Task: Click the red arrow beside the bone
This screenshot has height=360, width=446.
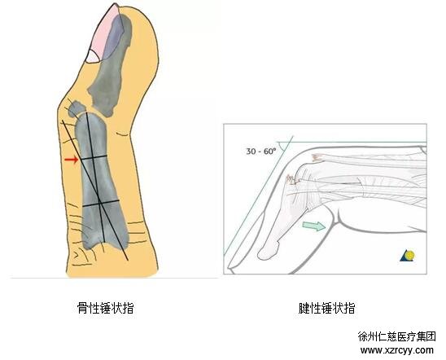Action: [x=72, y=160]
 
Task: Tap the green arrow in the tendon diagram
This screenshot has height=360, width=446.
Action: [x=314, y=226]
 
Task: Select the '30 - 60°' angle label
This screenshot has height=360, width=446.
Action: [x=261, y=151]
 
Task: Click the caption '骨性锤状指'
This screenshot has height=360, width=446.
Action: [x=106, y=308]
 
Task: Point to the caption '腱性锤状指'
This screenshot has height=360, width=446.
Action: [x=327, y=308]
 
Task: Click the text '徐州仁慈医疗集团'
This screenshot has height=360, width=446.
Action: [x=397, y=336]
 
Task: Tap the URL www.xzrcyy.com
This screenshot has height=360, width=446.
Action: [x=397, y=350]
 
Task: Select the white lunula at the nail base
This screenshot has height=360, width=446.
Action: [x=93, y=57]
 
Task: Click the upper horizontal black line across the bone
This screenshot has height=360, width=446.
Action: [x=94, y=157]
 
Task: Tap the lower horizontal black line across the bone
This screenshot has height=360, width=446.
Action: [x=100, y=203]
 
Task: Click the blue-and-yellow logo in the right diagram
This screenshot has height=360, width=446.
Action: [x=408, y=256]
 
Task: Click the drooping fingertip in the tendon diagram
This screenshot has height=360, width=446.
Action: [x=269, y=250]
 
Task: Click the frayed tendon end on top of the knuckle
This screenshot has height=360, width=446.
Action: [x=317, y=158]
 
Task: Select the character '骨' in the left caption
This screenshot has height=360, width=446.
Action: [x=82, y=308]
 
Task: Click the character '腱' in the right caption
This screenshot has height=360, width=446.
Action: [x=304, y=308]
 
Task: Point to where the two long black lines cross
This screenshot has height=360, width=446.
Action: [x=98, y=197]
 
